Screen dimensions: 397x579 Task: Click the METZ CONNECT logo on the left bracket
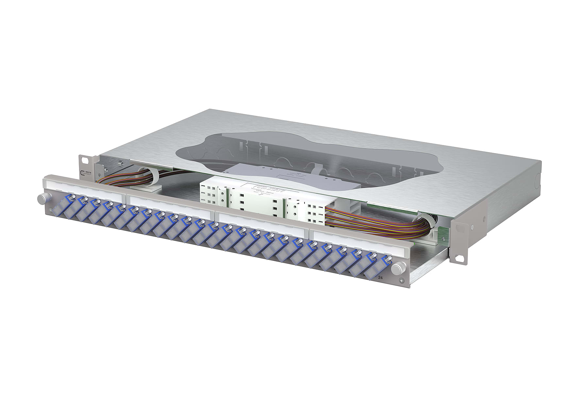pyautogui.click(x=86, y=173)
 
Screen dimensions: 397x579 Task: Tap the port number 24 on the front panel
pyautogui.click(x=380, y=278)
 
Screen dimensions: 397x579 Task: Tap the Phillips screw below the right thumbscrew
pyautogui.click(x=401, y=281)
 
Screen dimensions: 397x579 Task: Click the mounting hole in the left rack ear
pyautogui.click(x=86, y=161)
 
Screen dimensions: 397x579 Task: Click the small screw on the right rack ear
pyautogui.click(x=472, y=226)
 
